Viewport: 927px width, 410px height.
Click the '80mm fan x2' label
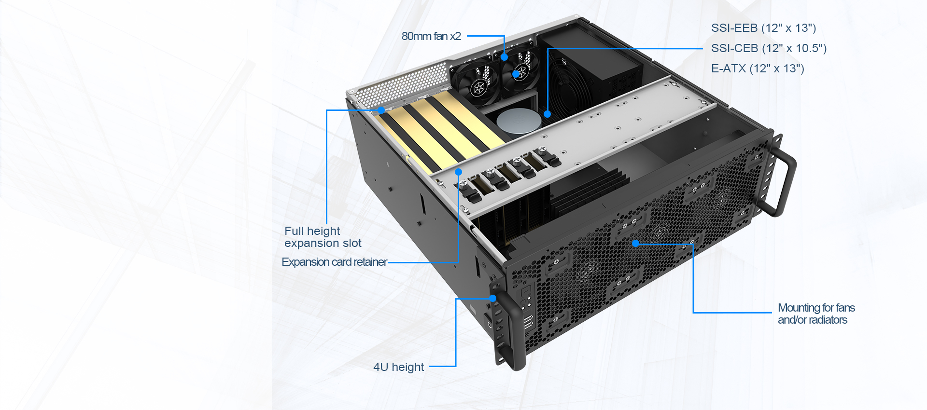click(x=431, y=36)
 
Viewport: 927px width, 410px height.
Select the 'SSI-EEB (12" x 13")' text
click(x=763, y=28)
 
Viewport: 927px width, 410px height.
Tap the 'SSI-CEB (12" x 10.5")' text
click(x=769, y=48)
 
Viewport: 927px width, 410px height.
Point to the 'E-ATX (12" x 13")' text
click(x=758, y=68)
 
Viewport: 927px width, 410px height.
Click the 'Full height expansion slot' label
click(x=323, y=237)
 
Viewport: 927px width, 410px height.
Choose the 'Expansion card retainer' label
click(x=334, y=262)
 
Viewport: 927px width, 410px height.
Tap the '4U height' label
click(x=398, y=367)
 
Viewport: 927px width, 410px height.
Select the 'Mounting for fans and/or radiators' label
click(x=816, y=314)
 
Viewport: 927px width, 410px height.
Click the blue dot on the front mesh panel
click(x=636, y=243)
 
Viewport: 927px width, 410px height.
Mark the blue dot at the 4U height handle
click(x=492, y=298)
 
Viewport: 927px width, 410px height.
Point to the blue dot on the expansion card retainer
click(x=458, y=172)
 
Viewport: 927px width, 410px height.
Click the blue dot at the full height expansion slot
click(x=381, y=110)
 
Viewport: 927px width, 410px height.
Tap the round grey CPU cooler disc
click(x=518, y=121)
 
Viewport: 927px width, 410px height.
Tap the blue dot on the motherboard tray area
click(x=547, y=114)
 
